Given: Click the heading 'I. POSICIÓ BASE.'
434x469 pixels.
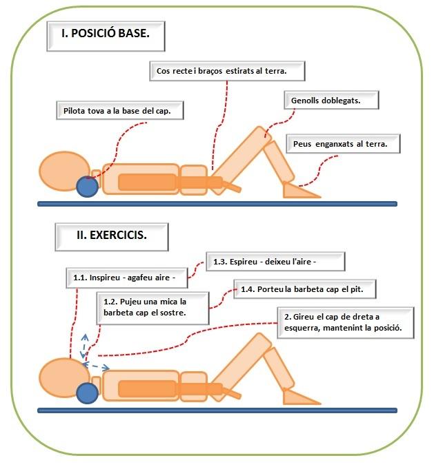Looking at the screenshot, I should (x=106, y=34).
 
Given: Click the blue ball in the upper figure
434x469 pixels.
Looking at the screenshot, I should (x=87, y=186).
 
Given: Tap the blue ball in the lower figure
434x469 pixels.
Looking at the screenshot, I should (x=87, y=393).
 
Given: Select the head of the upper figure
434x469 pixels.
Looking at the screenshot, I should (x=61, y=170).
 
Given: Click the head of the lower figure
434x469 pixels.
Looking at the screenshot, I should (x=61, y=377).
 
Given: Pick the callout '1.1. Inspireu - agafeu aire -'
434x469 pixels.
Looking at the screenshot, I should (x=125, y=277).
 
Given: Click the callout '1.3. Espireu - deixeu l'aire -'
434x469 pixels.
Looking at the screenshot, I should (x=275, y=262).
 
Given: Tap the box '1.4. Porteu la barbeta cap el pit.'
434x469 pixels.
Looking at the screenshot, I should (x=307, y=289).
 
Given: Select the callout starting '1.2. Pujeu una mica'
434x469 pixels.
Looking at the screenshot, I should (x=146, y=307).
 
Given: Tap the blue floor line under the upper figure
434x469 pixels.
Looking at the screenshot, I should (x=217, y=203).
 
